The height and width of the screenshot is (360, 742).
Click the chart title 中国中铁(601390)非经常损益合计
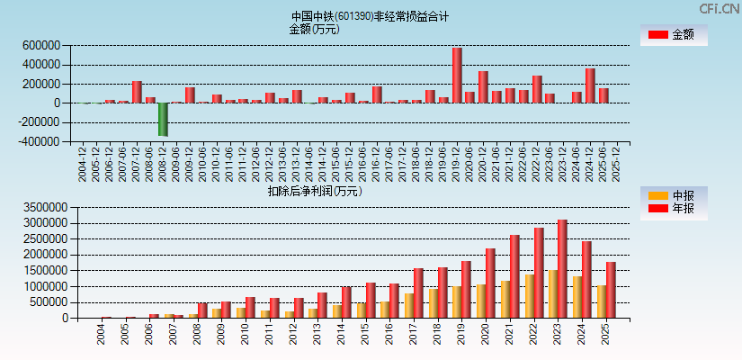coord(370,16)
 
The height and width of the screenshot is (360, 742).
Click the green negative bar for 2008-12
coord(163,119)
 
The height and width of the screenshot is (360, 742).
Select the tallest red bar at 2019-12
coord(457,76)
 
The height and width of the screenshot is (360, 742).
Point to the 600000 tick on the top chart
coord(42,45)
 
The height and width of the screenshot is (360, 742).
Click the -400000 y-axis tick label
coord(40,141)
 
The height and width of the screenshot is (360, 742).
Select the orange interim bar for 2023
coord(552,293)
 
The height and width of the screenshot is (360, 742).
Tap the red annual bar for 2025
coord(611,289)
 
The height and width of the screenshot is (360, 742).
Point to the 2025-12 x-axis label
coord(612,163)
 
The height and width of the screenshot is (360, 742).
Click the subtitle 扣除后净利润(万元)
coord(314,191)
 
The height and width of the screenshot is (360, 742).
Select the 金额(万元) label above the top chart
coord(314,29)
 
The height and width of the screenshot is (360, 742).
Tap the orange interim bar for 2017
coord(408,305)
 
